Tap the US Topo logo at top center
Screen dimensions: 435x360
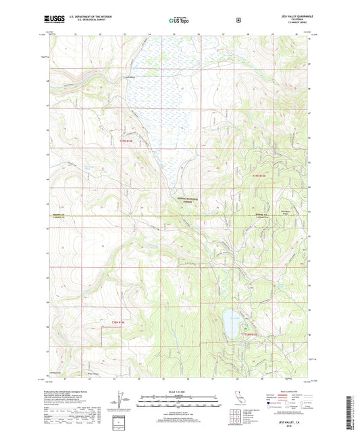point(179,21)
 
